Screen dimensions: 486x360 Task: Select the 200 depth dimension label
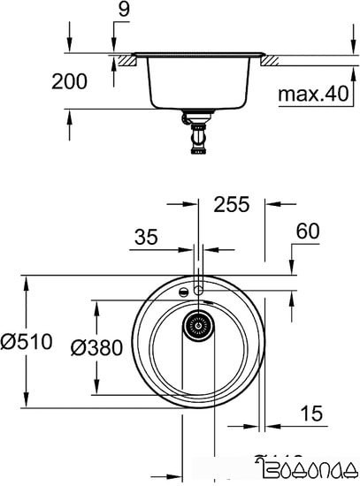pos(70,82)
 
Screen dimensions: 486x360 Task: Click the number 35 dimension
pos(146,236)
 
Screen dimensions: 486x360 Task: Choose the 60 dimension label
pos(307,232)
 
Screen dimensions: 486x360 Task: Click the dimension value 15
pos(310,413)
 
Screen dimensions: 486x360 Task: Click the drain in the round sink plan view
pos(199,327)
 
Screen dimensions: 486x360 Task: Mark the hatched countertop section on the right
pos(270,61)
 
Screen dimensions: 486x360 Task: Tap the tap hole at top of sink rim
pos(199,287)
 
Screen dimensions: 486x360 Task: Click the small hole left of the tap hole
pos(182,291)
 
